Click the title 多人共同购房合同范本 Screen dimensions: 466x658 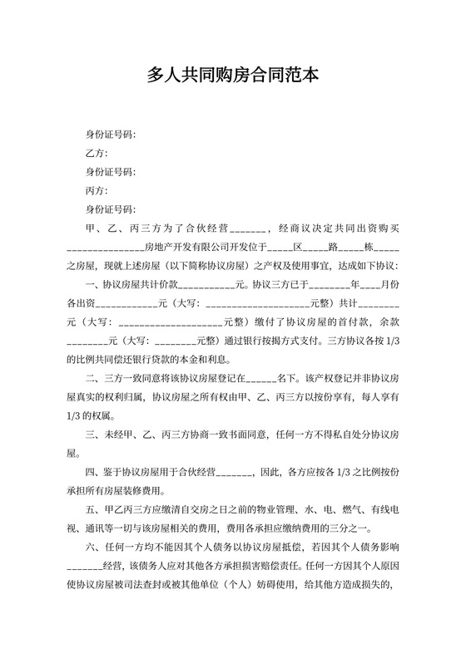click(232, 76)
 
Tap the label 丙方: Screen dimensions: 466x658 click(97, 190)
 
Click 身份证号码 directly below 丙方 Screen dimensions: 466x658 click(111, 209)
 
